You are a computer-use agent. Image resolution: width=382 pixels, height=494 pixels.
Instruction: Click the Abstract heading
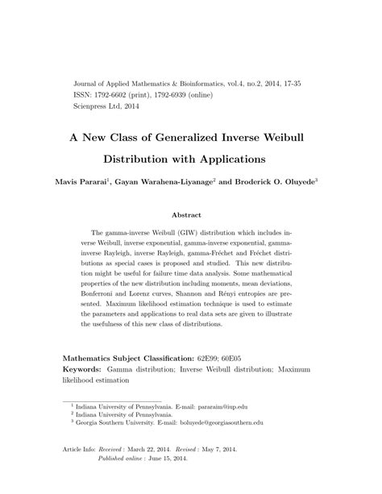click(x=190, y=215)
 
